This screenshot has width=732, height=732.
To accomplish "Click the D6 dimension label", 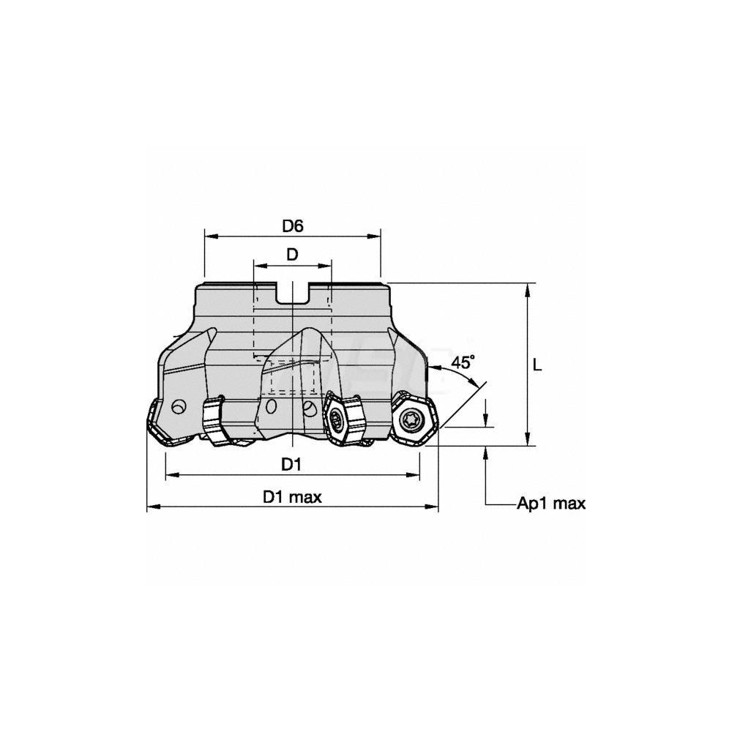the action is tap(293, 226).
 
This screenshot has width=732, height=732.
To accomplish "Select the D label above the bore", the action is tap(292, 255).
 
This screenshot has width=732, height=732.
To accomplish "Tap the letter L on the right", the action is tap(537, 365).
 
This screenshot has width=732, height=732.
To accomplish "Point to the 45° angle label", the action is tap(463, 362).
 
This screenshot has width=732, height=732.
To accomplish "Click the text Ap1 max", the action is tap(551, 504).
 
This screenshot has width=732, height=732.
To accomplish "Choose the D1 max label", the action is tap(292, 497).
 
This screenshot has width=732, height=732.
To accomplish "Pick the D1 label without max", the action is tap(291, 465).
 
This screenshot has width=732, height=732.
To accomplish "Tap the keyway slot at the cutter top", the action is tap(293, 293).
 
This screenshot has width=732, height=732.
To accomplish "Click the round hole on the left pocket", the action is tap(178, 407).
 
